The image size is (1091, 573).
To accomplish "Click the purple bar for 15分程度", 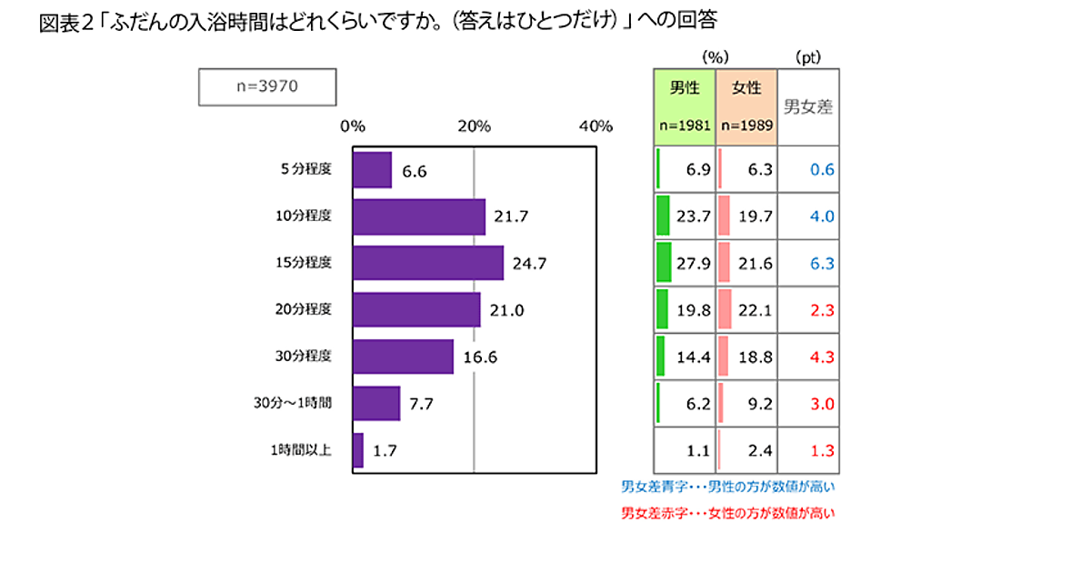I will pyautogui.click(x=427, y=263).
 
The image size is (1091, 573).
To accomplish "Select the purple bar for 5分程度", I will pyautogui.click(x=372, y=169).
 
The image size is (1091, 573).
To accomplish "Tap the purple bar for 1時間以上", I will pyautogui.click(x=357, y=449).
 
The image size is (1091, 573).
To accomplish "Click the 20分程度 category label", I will pyautogui.click(x=302, y=309).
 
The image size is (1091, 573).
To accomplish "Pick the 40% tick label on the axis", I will pyautogui.click(x=596, y=126).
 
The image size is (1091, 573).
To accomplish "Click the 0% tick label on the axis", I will pyautogui.click(x=353, y=126).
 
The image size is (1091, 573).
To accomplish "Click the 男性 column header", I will pyautogui.click(x=685, y=88).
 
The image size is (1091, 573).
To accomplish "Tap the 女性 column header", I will pyautogui.click(x=746, y=88).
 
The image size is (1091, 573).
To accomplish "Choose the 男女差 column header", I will pyautogui.click(x=808, y=106).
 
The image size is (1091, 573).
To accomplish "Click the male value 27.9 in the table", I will pyautogui.click(x=693, y=263).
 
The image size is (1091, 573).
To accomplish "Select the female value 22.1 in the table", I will pyautogui.click(x=754, y=310).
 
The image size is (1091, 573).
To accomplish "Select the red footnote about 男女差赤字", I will pyautogui.click(x=727, y=513).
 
